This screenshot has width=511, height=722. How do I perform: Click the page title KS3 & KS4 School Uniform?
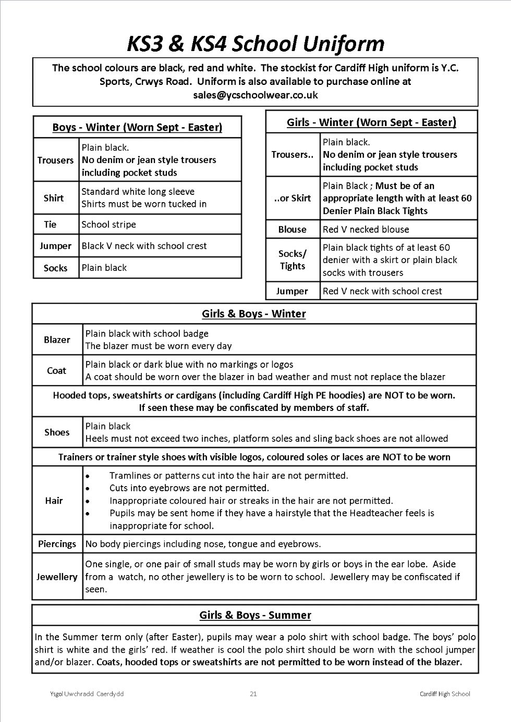coord(256,44)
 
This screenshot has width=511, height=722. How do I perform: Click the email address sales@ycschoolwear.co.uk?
coord(255,95)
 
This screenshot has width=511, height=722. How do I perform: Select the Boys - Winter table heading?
coord(137,127)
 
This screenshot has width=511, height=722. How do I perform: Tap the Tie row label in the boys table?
coord(50,225)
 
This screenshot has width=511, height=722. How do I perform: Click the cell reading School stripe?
coord(108,225)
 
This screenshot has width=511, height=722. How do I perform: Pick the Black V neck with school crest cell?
coord(144,246)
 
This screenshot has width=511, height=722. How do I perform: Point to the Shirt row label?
coord(54,198)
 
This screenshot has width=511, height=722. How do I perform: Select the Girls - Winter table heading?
coord(371,122)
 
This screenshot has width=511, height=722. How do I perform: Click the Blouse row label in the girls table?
coord(292,229)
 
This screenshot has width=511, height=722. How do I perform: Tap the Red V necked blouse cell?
coord(366,229)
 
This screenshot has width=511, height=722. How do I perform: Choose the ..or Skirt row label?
coord(292,198)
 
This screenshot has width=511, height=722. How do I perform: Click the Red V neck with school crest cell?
coord(382,291)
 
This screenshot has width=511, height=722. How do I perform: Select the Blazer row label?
coord(57,340)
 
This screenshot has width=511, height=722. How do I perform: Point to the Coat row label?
coord(56,370)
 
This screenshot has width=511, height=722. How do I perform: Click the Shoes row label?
coord(57,432)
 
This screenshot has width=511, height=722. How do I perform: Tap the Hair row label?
coord(54,501)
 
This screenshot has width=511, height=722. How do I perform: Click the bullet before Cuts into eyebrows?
coord(88,489)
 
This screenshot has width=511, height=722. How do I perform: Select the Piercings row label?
coord(57,544)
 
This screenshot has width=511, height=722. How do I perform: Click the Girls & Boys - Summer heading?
coord(255,615)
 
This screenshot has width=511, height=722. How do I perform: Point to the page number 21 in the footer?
coord(253,694)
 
